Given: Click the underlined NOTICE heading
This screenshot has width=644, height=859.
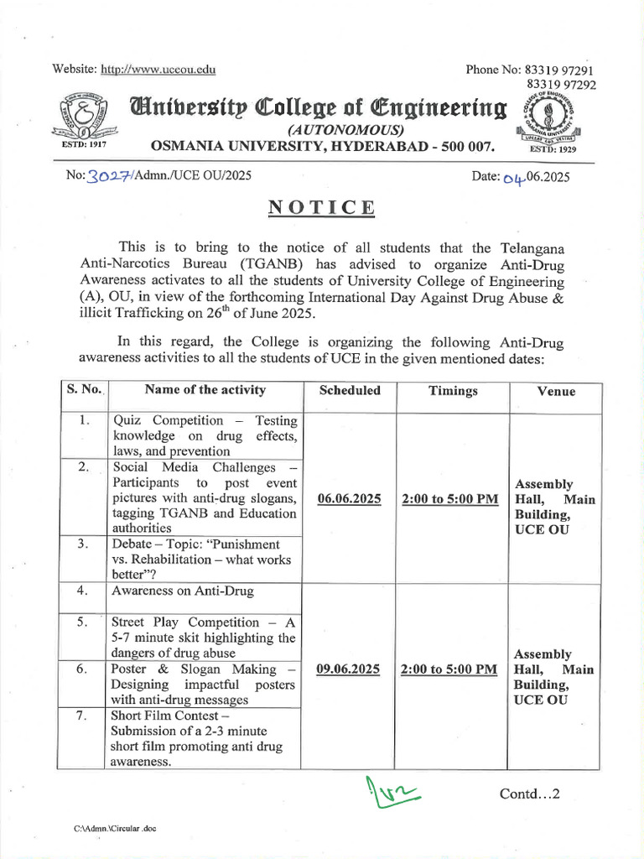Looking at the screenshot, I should point(322,208).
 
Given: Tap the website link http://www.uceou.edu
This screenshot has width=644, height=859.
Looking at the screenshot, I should point(158,70).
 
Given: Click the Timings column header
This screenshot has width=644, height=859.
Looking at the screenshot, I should point(453,390).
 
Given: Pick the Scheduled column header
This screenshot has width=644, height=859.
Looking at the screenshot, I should point(350,390).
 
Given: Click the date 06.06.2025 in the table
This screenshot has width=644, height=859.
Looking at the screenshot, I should point(350,499).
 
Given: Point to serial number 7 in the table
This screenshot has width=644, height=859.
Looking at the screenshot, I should point(82,716).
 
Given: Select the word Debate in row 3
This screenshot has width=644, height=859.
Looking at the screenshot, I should point(132,544).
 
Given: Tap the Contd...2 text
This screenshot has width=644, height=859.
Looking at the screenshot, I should point(529,793).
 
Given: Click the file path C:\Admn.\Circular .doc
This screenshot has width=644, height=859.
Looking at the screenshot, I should point(115,829).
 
